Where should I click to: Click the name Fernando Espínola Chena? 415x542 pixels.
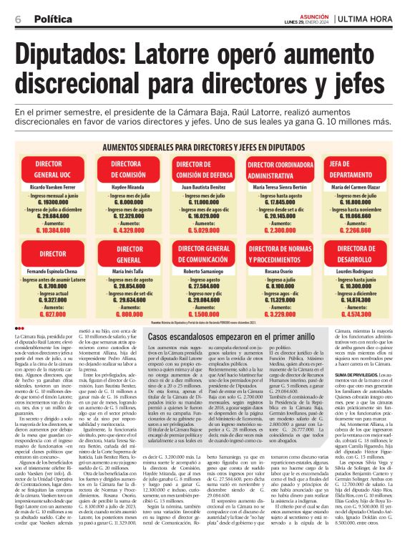click(x=47, y=272)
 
